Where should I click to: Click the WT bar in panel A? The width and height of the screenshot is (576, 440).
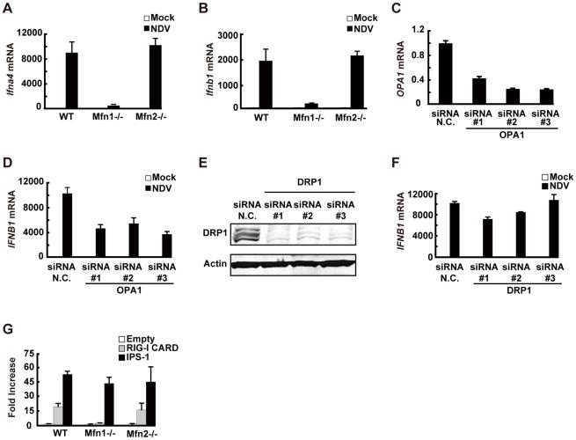(x=78, y=80)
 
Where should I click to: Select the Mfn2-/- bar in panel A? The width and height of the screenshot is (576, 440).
(x=155, y=77)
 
